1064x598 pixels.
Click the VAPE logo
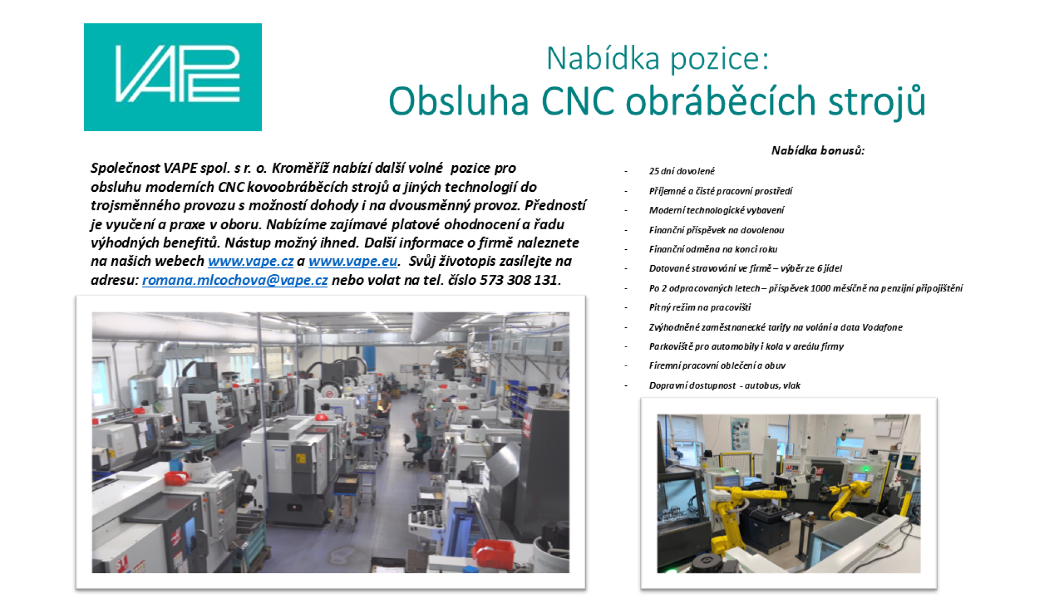tap(173, 77)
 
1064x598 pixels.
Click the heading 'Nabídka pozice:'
tap(658, 58)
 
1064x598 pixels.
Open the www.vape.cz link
tap(251, 261)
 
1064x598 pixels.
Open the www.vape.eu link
tap(353, 261)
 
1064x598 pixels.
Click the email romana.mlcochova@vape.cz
tap(235, 280)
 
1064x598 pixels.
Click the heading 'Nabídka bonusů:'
tap(818, 150)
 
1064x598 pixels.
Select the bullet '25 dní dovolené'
tap(681, 171)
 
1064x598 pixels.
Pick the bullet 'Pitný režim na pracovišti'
tap(700, 307)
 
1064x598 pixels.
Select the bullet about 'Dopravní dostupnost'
tap(725, 385)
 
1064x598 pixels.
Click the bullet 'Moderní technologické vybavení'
tap(716, 210)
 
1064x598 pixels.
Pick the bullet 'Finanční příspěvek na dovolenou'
tap(716, 230)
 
